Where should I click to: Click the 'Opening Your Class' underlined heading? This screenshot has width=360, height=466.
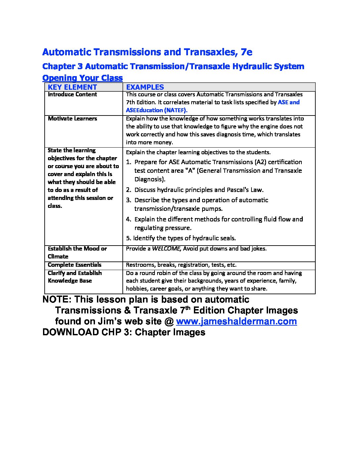[82, 78]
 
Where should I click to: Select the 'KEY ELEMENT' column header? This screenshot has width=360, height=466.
[72, 87]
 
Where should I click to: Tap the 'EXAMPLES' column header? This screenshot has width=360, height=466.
[145, 87]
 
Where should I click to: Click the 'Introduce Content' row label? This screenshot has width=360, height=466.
[72, 94]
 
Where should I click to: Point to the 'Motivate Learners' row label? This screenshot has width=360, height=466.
[72, 118]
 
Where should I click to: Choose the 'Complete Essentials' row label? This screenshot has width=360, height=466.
[74, 265]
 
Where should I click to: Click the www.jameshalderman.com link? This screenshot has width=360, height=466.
[236, 321]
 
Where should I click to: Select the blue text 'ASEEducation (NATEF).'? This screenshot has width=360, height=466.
[157, 110]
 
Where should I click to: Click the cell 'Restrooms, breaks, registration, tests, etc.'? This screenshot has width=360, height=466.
[181, 265]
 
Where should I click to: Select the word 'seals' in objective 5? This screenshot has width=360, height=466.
[228, 238]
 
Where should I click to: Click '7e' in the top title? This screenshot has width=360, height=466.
[247, 52]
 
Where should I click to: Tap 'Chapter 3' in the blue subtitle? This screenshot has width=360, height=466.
[62, 66]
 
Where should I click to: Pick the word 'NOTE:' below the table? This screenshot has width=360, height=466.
[57, 300]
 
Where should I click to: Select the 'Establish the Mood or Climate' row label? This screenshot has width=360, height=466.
[77, 253]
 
